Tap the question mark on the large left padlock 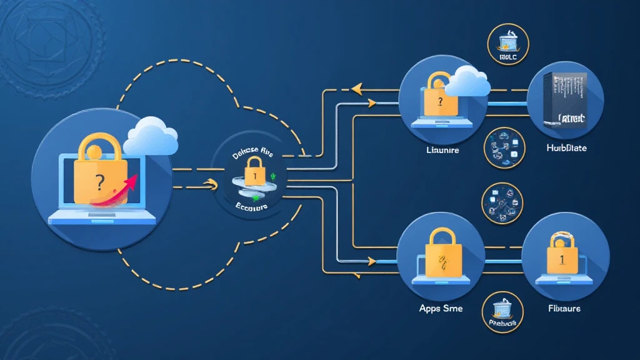pos(99,182)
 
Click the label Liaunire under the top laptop pos(442,151)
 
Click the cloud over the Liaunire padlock pos(469,82)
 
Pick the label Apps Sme pos(441,308)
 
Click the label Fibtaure pos(564,308)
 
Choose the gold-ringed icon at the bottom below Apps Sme pos(504,312)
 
